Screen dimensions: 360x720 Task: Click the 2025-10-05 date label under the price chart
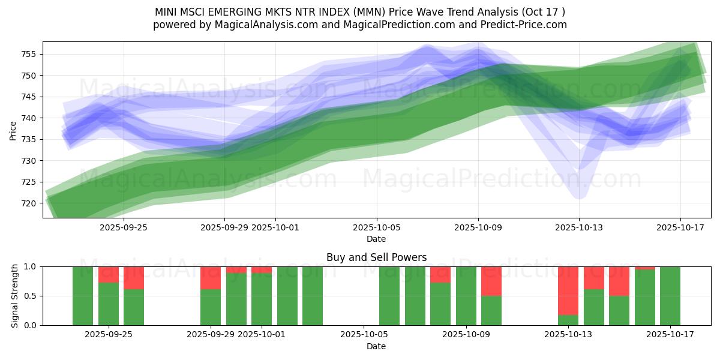coord(377,227)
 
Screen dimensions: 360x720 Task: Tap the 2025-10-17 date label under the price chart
coord(680,227)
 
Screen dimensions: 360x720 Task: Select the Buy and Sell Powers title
coord(376,257)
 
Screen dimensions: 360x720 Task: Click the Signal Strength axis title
coord(16,296)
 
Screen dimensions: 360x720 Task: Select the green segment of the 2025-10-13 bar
coord(568,320)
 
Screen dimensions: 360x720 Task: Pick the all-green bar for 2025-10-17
coord(670,296)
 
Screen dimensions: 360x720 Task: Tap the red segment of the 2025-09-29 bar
coord(211,278)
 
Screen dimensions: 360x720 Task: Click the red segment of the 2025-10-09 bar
coord(491,281)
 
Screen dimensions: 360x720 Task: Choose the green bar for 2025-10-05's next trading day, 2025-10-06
coord(389,296)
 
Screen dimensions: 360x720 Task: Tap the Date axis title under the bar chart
coord(376,346)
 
